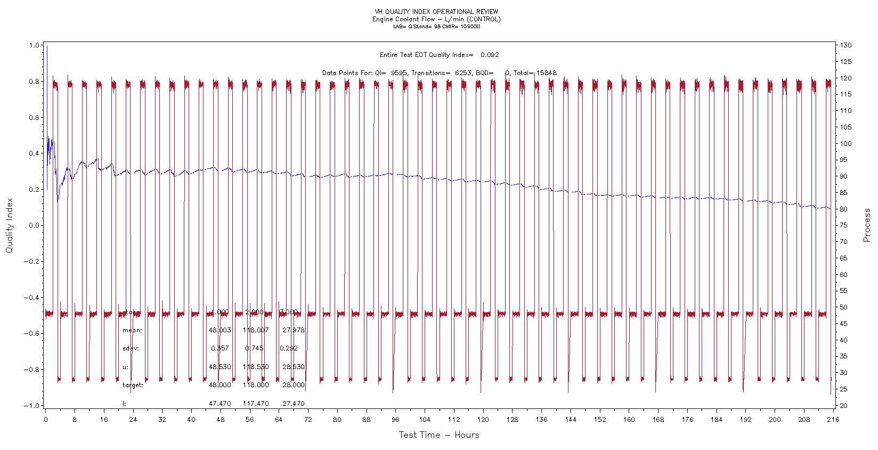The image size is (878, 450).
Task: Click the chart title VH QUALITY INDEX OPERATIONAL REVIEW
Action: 436,12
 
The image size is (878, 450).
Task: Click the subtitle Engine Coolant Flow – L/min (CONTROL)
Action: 436,19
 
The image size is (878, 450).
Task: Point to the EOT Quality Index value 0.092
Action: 490,54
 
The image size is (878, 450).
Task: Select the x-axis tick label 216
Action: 832,419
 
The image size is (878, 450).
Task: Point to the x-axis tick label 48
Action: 220,419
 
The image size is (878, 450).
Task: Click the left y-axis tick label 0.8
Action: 34,81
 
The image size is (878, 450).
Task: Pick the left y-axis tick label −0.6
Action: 32,333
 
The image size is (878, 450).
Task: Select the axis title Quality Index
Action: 10,226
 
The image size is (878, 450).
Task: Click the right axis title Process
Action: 867,225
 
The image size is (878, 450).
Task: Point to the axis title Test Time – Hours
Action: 439,435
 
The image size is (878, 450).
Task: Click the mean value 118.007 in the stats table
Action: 256,330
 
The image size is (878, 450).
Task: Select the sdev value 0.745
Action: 255,348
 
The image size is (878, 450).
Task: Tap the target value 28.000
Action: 293,385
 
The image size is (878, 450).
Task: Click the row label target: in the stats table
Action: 133,385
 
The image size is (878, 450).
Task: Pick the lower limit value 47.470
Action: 220,404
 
